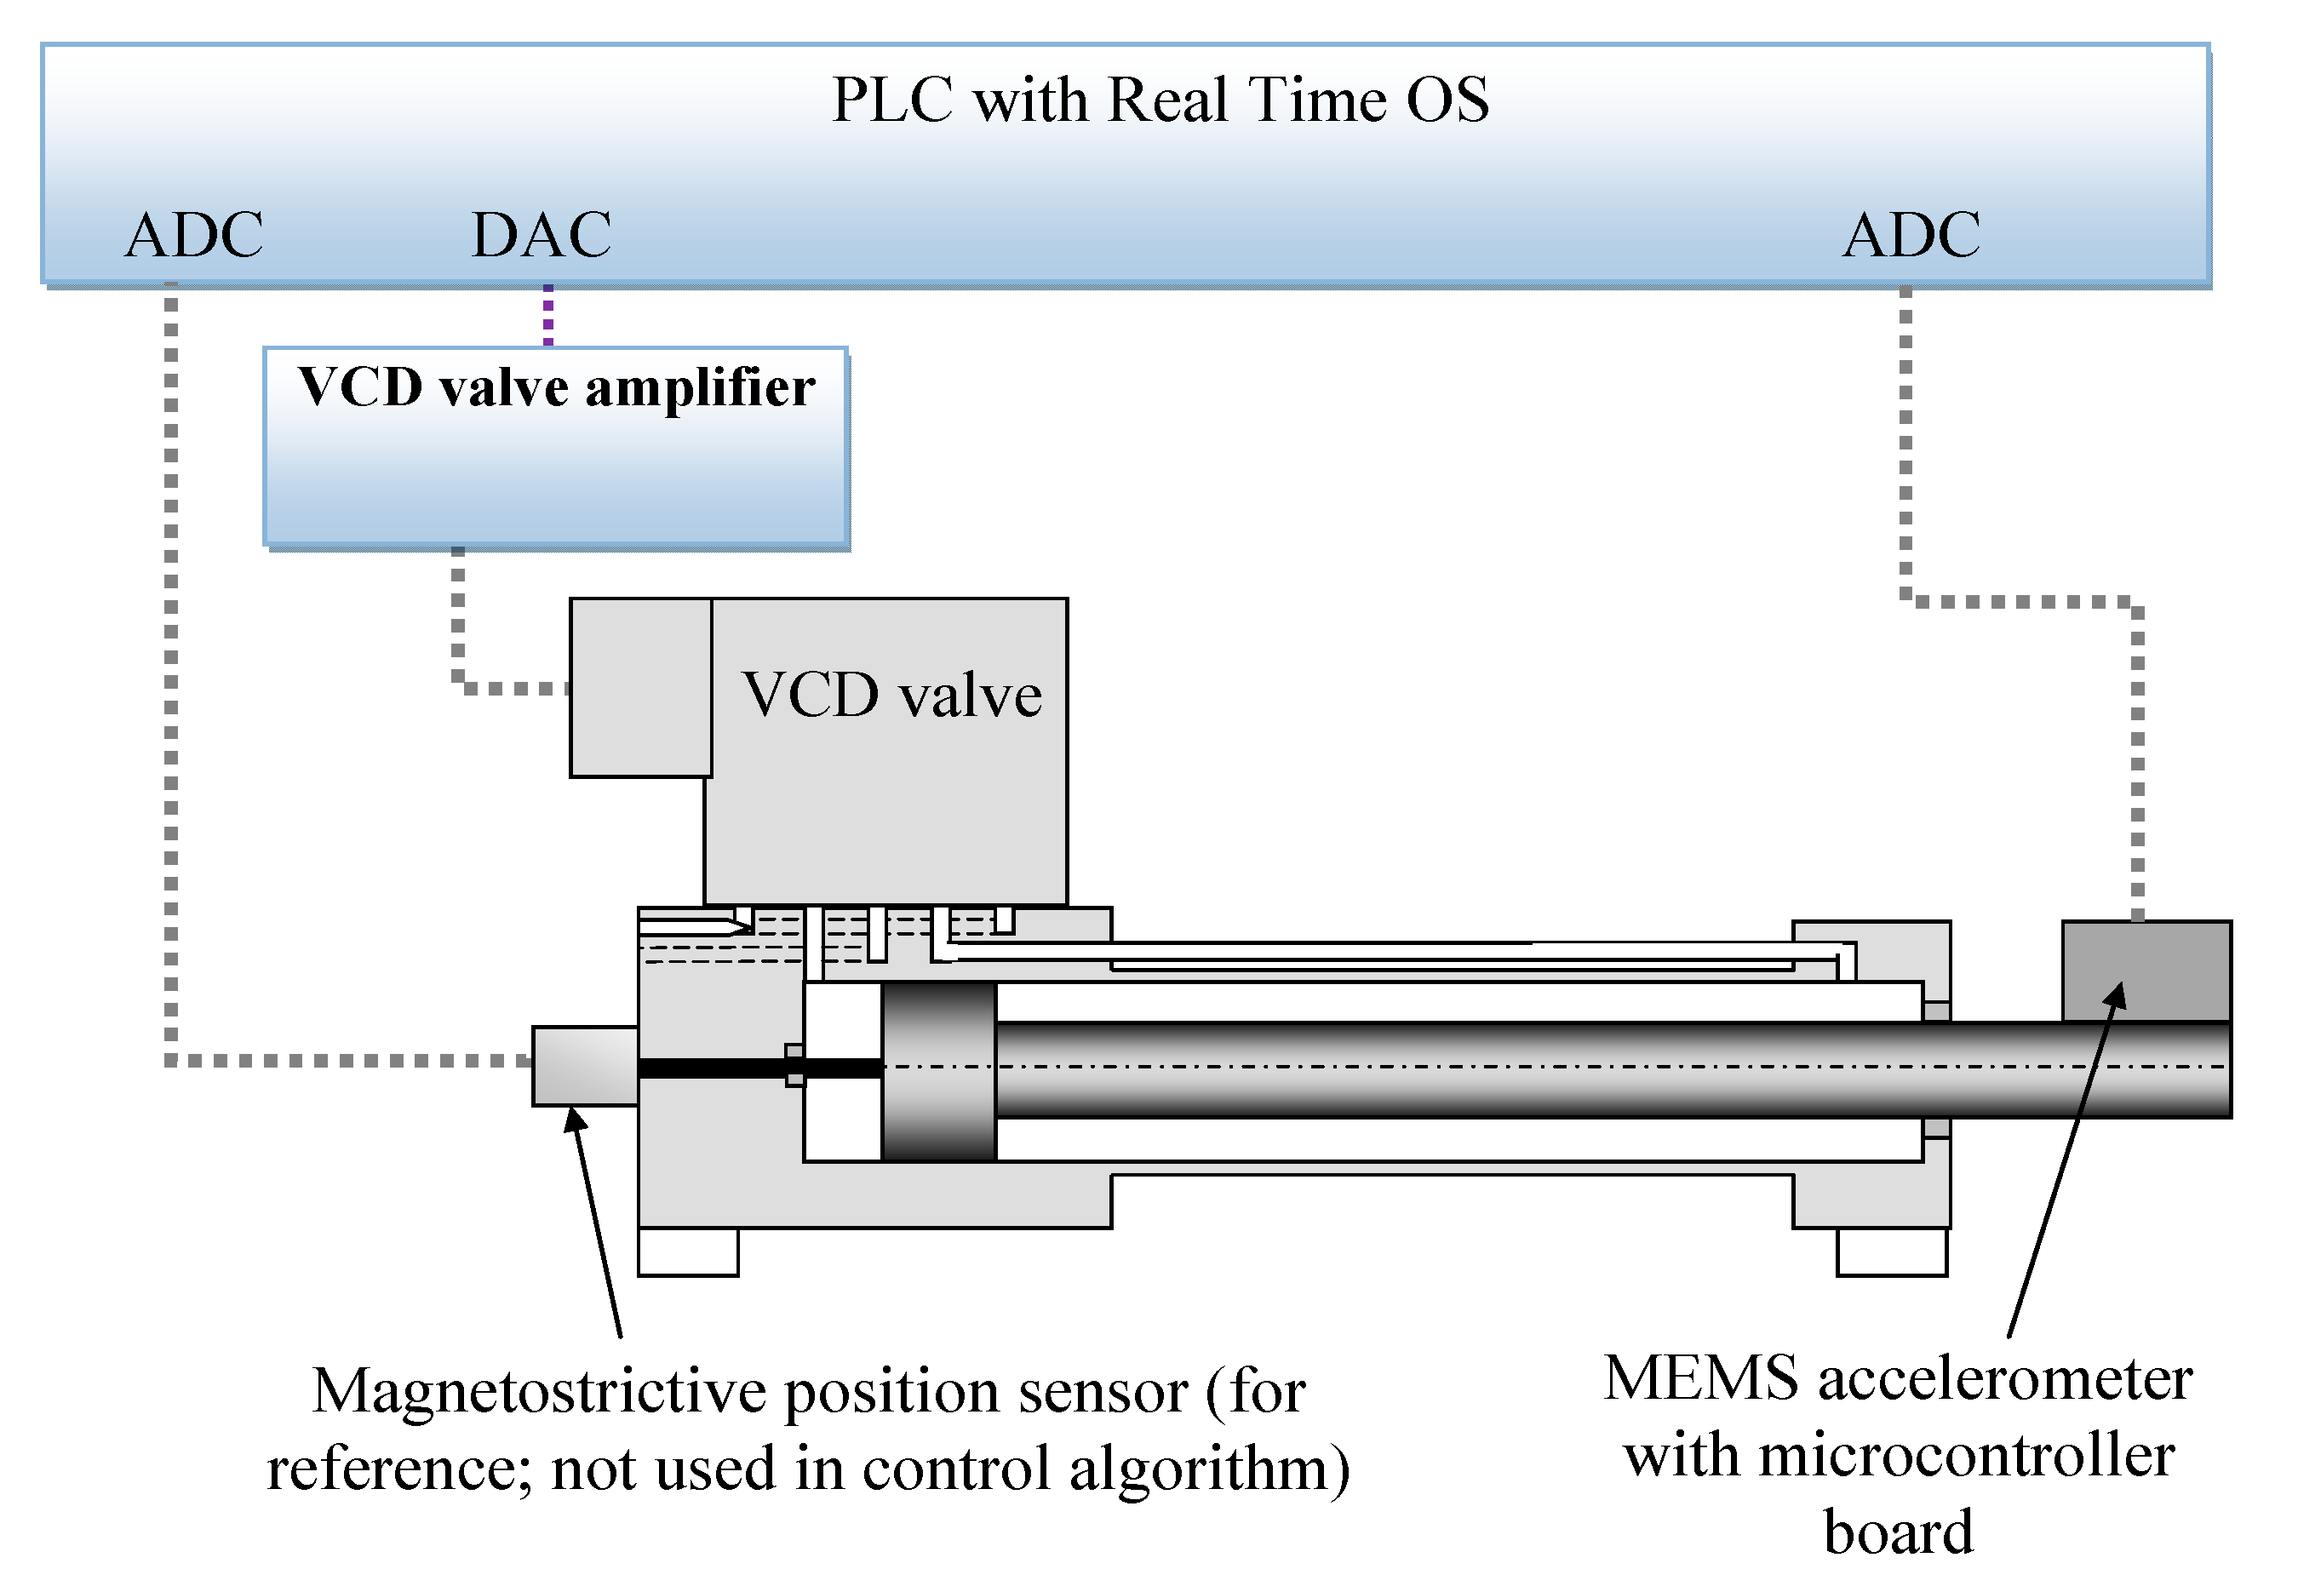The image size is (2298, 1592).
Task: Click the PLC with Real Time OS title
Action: point(1160,100)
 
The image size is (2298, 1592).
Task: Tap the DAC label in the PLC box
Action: point(541,236)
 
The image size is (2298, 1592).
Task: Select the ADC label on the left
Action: point(193,236)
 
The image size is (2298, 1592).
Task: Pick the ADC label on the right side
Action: point(1910,236)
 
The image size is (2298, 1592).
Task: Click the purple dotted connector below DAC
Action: point(547,315)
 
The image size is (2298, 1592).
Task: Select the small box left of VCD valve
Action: point(640,687)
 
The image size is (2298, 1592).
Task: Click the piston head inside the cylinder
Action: point(938,1071)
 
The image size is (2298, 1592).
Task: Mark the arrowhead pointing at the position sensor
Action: point(575,1120)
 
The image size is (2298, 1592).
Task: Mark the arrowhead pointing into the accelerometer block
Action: point(2117,994)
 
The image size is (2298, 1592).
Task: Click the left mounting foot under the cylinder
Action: point(687,1251)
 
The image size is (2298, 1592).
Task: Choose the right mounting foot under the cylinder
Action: point(1891,1251)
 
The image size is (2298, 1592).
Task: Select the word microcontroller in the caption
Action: point(1966,1457)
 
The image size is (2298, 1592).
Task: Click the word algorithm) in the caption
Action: point(1209,1469)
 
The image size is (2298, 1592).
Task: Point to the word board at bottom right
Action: point(1898,1532)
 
